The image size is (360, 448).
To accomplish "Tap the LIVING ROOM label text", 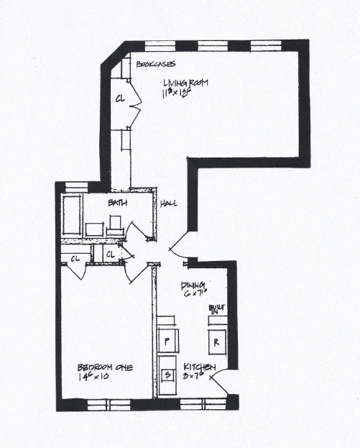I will tap(185, 83).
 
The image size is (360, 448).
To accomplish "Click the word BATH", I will tap(118, 204).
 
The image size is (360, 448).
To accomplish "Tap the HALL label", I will tap(169, 204).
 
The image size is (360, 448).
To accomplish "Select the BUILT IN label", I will tap(217, 309).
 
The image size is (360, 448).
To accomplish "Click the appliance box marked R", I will tap(216, 341).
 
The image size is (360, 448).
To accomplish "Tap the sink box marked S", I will tap(168, 375).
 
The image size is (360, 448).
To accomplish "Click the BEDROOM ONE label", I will tap(105, 367).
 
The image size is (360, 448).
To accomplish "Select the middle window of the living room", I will tap(208, 45).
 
